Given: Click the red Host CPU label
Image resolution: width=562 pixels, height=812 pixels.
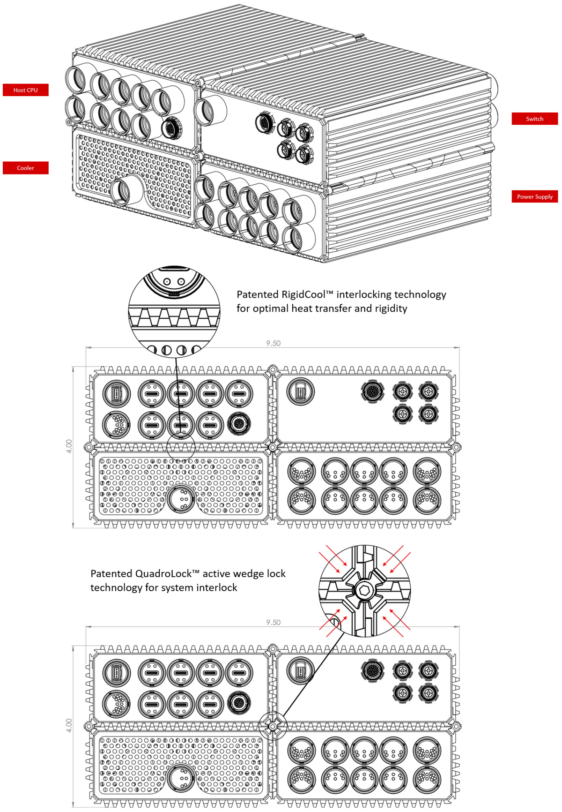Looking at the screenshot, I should click(25, 90).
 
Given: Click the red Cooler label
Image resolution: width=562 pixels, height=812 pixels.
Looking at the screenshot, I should click(25, 168).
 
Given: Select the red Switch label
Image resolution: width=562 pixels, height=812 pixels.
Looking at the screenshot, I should click(534, 119).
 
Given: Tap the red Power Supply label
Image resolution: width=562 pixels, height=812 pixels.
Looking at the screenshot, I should click(534, 196).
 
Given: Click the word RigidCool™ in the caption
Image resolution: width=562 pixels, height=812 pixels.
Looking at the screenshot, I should click(307, 294).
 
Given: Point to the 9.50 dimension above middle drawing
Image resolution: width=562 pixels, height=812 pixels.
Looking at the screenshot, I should click(273, 343).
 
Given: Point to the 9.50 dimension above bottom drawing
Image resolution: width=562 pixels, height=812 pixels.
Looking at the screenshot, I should click(273, 622).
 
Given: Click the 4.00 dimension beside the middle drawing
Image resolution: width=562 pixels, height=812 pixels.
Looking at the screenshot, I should click(69, 446).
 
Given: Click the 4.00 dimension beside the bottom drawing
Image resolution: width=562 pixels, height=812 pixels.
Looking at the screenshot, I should click(69, 725).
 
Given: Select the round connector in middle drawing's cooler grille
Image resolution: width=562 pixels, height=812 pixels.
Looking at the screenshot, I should click(181, 500).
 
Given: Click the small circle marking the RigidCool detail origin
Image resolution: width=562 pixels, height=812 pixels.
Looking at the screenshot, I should click(181, 446).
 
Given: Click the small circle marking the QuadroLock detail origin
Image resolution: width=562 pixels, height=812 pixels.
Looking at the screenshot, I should click(273, 725).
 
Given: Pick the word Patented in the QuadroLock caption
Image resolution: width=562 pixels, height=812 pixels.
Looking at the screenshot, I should click(111, 573).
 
